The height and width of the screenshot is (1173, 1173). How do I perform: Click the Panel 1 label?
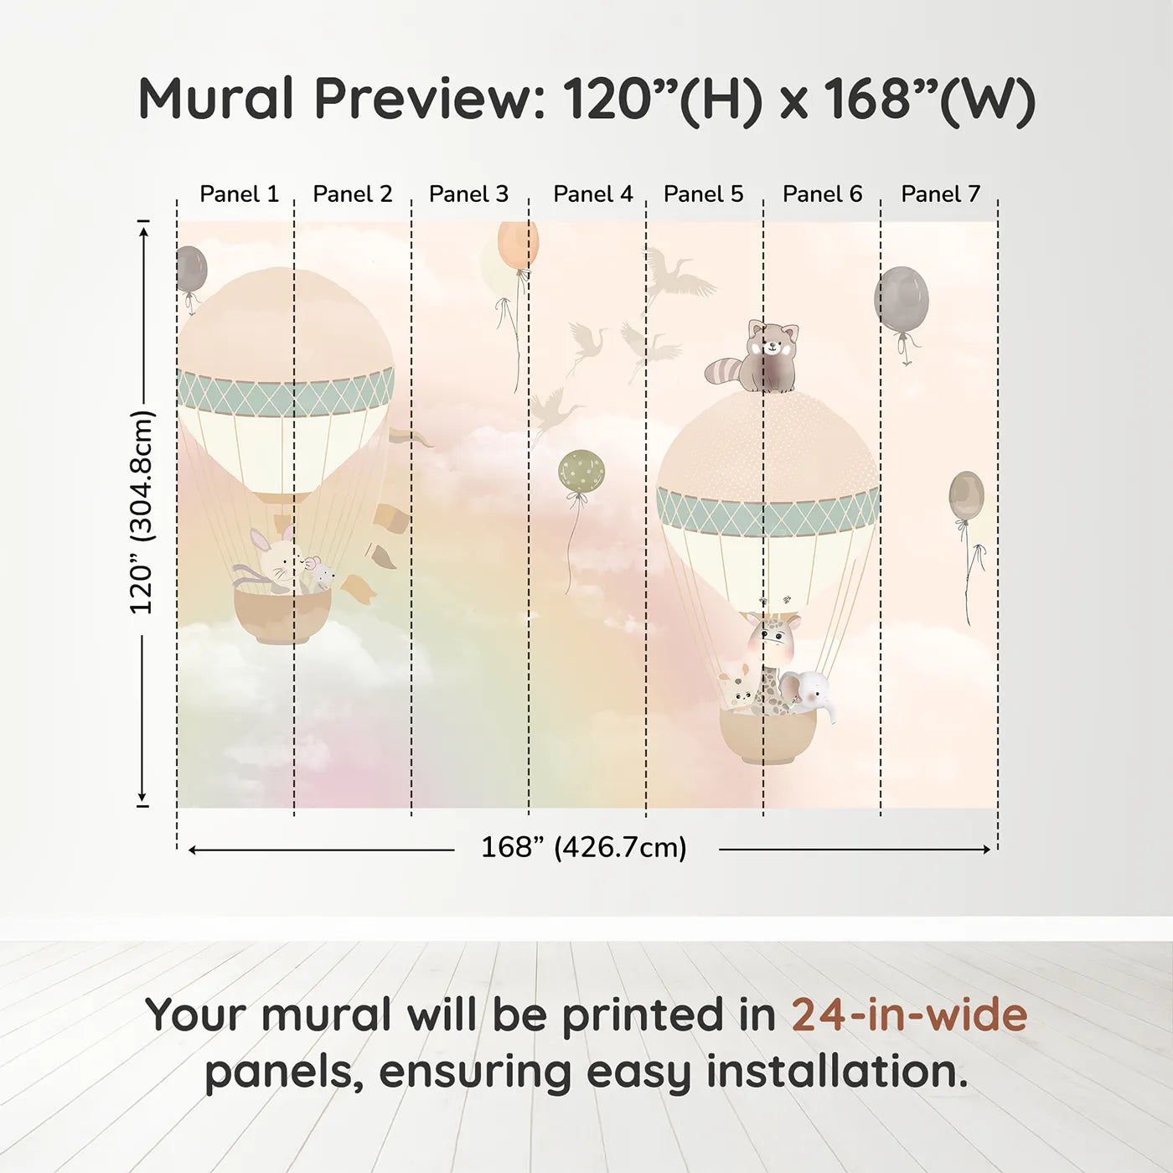(239, 194)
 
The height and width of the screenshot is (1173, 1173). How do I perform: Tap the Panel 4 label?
(593, 194)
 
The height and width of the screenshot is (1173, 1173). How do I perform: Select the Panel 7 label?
(940, 194)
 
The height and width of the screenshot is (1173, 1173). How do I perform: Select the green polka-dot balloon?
(581, 471)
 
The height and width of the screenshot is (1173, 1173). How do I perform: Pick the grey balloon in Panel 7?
(902, 298)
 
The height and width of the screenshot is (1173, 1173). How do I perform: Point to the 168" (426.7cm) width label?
(584, 848)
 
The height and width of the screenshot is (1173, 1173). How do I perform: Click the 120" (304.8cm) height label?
(142, 513)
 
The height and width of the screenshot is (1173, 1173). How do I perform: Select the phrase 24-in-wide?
(909, 1015)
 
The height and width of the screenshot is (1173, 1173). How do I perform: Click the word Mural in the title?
(216, 99)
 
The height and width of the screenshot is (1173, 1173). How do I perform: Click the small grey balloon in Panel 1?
(190, 268)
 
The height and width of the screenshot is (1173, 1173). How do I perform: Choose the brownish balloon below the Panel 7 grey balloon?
(966, 495)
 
